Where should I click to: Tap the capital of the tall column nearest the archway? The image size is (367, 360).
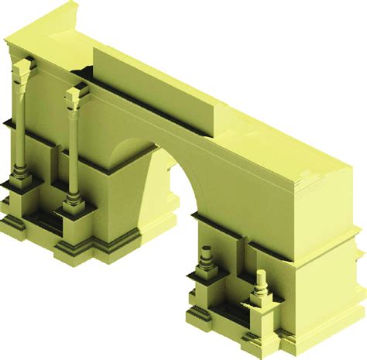pyautogui.click(x=75, y=96)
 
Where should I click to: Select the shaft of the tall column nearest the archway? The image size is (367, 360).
pyautogui.click(x=73, y=151)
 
